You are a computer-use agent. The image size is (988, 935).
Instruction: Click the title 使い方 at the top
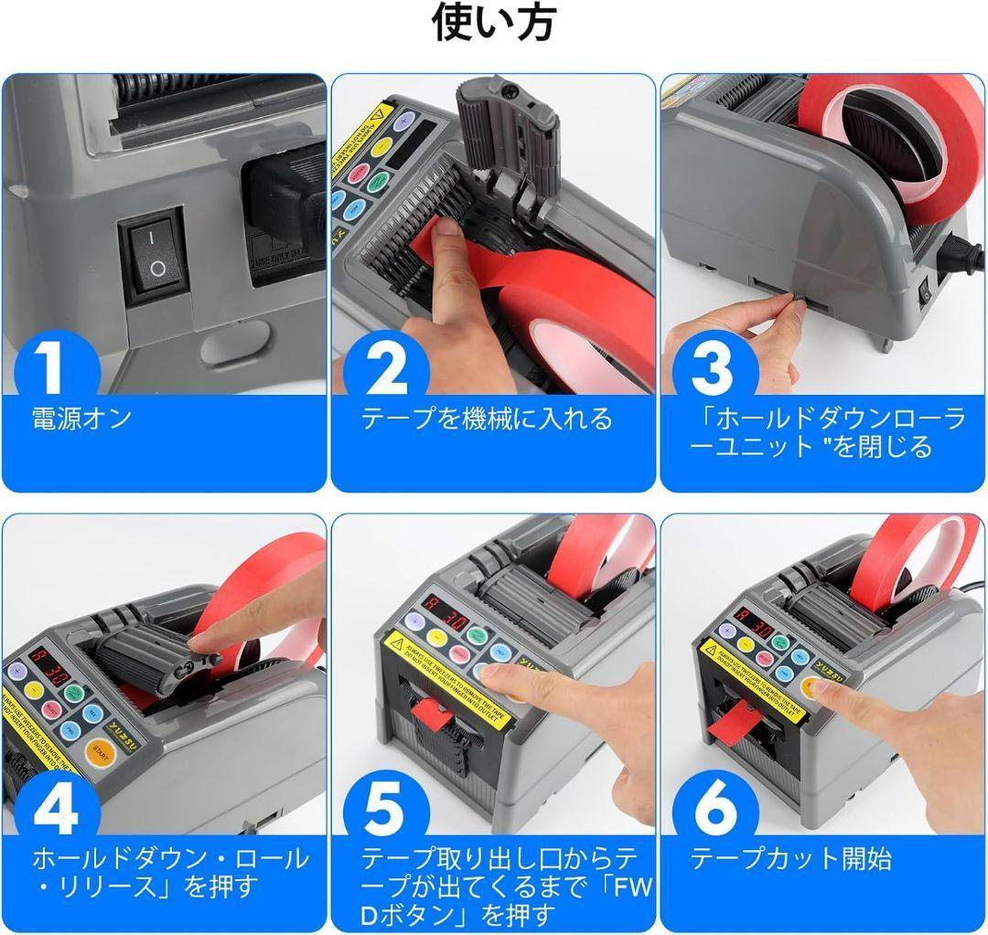(x=493, y=25)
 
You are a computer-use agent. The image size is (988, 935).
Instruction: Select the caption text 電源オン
(x=82, y=420)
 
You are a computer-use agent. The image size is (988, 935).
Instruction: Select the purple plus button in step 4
(x=16, y=670)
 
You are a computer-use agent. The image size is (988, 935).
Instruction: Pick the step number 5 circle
(x=385, y=810)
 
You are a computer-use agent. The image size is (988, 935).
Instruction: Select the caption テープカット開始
(x=790, y=859)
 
